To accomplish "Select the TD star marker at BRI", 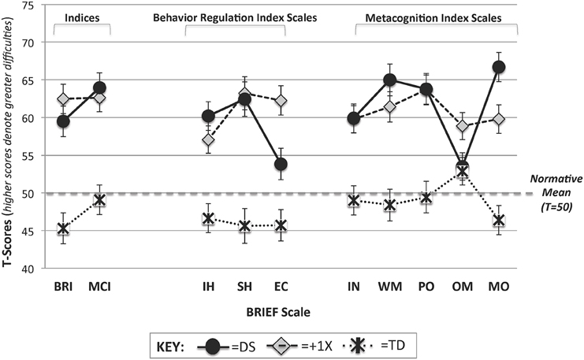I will [63, 228].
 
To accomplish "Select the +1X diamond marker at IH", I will [208, 140].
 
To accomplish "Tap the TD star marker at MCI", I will [99, 200].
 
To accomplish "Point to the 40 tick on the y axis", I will [35, 268].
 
